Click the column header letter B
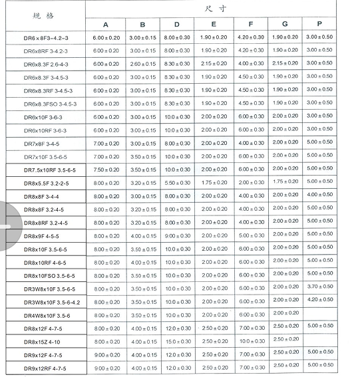pyautogui.click(x=142, y=25)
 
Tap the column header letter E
pyautogui.click(x=214, y=25)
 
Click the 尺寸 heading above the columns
pyautogui.click(x=214, y=8)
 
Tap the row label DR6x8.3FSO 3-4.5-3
pyautogui.click(x=51, y=104)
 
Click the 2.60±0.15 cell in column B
pyautogui.click(x=142, y=64)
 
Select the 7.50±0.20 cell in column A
pyautogui.click(x=106, y=170)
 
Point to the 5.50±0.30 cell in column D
pyautogui.click(x=178, y=183)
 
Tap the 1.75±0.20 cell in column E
pyautogui.click(x=214, y=182)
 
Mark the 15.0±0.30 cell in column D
pyautogui.click(x=178, y=341)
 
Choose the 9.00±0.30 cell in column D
pyautogui.click(x=178, y=235)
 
